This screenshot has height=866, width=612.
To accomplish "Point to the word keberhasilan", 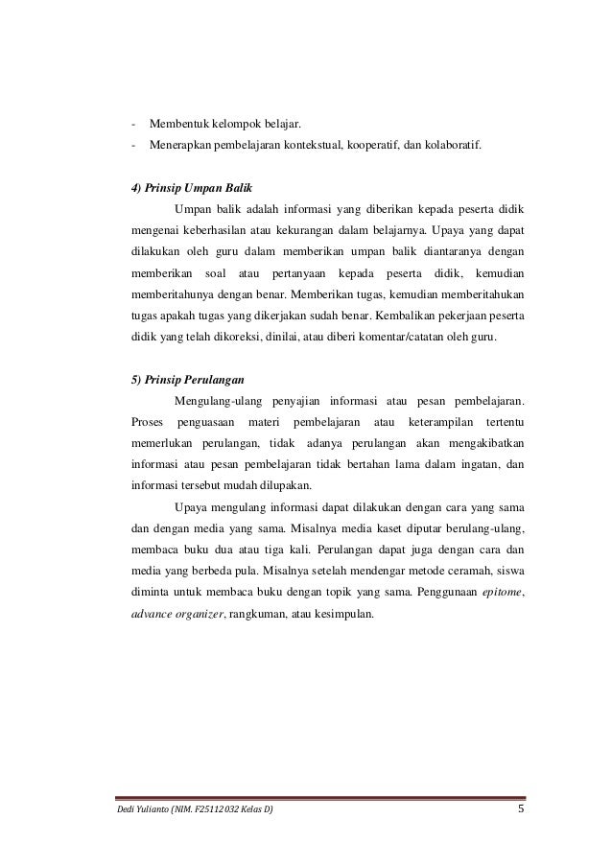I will pyautogui.click(x=213, y=230).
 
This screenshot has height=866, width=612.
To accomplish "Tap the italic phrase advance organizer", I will pyautogui.click(x=180, y=614).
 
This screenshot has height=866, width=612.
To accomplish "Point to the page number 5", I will pyautogui.click(x=521, y=811).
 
